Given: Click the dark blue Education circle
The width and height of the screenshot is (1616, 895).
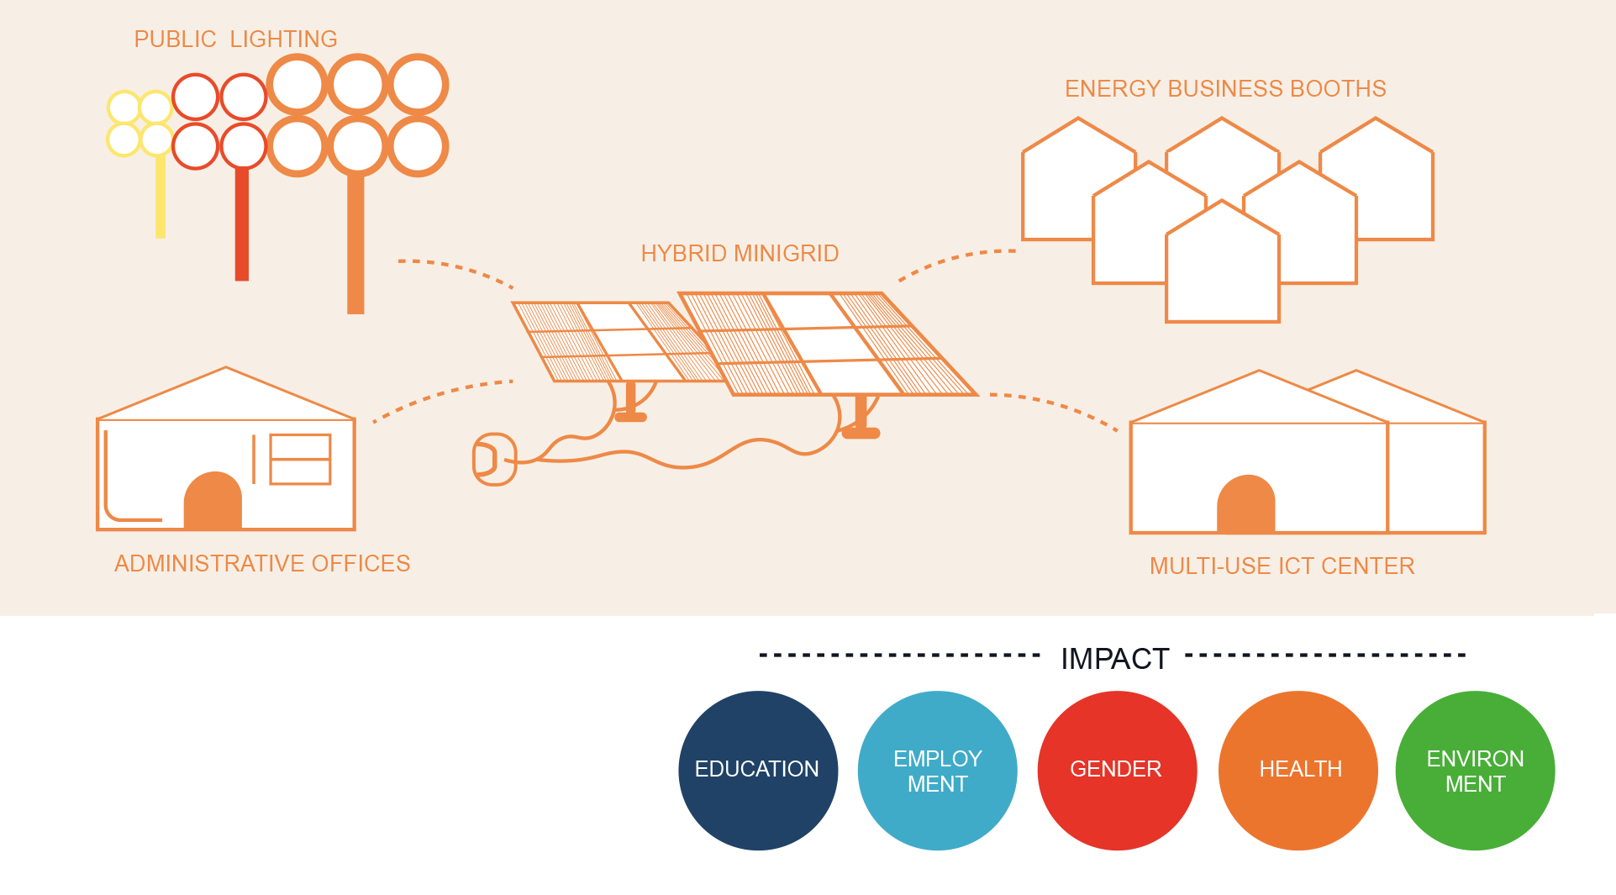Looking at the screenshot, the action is pos(758,771).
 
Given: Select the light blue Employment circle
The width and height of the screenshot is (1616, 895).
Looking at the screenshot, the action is pos(938,771).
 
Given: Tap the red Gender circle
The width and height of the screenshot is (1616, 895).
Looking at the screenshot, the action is pos(1118,771).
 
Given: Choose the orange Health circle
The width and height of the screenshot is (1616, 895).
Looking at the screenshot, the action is pos(1298,771).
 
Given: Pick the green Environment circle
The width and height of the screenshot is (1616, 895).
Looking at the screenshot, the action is pos(1476,771).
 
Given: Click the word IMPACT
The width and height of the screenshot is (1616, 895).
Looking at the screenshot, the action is pos(1115,659).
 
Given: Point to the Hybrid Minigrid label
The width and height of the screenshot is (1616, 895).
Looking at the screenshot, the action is pos(740,253).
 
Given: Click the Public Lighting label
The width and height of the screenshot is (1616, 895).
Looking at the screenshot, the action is pos(235,39).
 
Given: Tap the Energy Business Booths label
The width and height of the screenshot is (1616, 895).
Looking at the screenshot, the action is pos(1225,88).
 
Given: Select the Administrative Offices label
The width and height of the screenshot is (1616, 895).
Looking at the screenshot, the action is pos(262,563).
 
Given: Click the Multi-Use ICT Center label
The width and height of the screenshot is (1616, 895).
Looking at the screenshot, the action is pos(1282,566).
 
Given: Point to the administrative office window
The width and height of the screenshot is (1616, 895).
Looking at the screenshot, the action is pos(300,459).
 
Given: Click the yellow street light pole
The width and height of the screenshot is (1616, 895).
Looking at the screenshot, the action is pos(161,197).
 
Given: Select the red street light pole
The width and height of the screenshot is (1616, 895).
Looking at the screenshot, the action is pos(242,224).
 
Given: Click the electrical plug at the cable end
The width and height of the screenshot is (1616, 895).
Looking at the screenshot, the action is pos(495,460).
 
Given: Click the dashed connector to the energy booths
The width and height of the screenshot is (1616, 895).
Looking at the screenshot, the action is pos(955,260).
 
